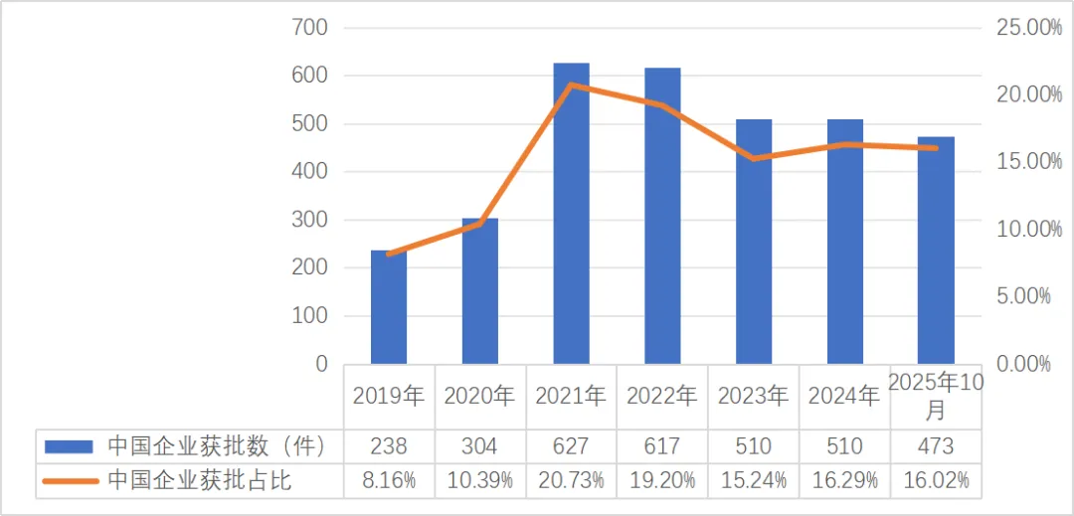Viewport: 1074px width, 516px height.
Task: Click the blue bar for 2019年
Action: (389, 307)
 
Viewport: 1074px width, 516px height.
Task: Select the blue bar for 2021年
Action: (571, 214)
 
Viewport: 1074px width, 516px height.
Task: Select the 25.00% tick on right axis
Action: (1029, 28)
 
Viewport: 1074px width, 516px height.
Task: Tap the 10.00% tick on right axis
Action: (1029, 230)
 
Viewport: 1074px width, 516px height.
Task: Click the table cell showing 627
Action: (571, 445)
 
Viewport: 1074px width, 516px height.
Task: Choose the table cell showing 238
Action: (389, 445)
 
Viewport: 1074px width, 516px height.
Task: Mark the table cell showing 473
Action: (936, 445)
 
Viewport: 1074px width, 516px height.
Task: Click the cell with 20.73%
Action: (571, 481)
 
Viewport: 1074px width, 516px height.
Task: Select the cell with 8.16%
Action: (389, 481)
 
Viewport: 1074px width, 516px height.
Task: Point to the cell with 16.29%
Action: (844, 481)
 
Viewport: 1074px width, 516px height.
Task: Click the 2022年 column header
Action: (662, 396)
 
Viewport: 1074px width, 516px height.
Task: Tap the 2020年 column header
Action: (479, 396)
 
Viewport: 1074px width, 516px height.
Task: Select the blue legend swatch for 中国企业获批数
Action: (70, 445)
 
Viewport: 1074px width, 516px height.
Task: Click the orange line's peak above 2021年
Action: (571, 86)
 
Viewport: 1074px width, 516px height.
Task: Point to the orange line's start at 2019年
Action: (389, 255)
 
